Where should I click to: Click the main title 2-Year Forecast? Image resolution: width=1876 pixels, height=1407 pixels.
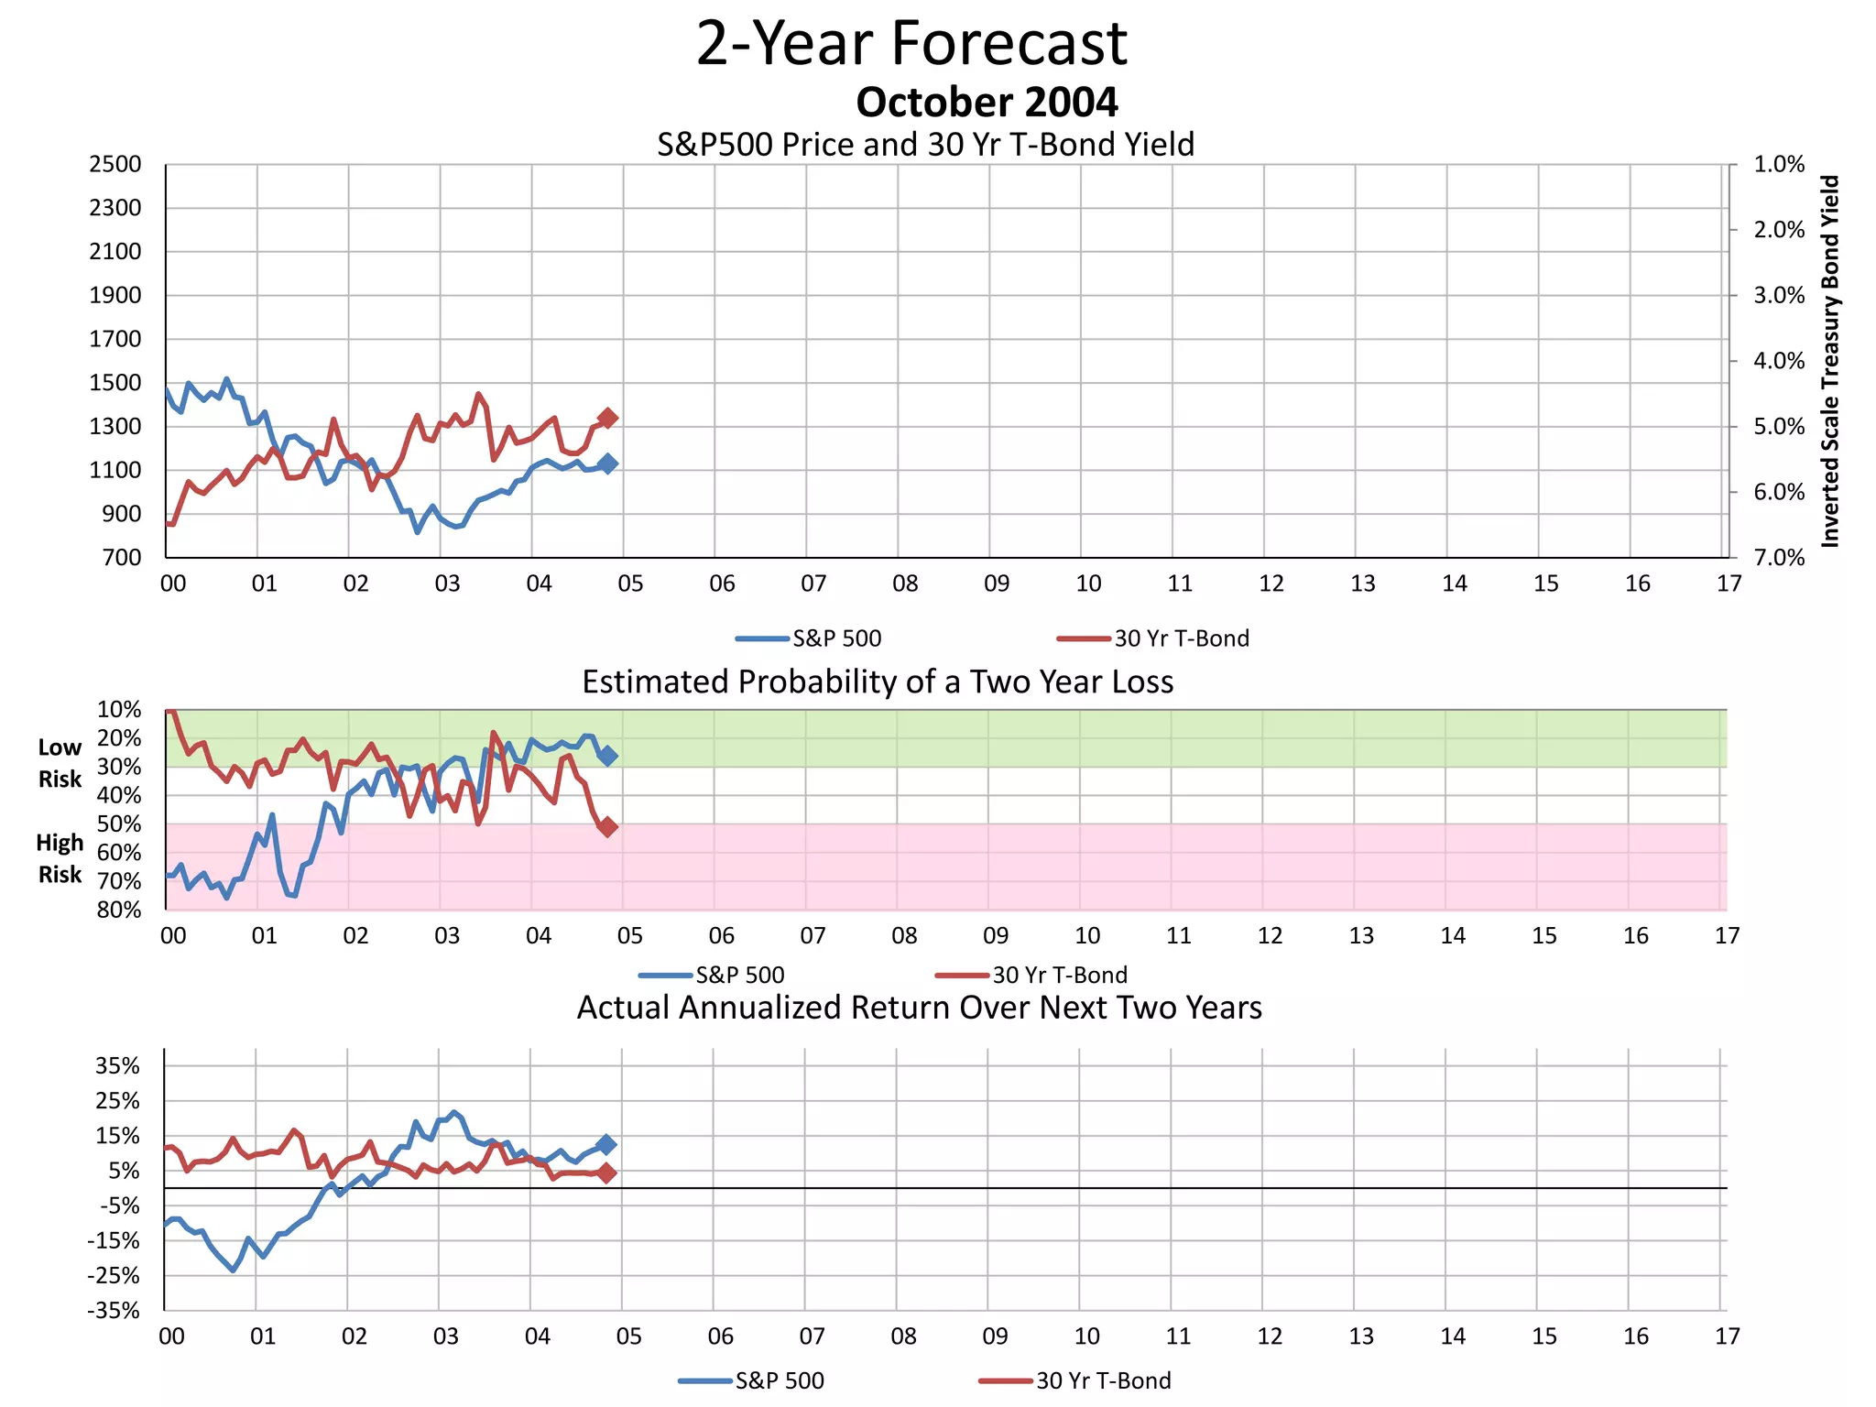[911, 44]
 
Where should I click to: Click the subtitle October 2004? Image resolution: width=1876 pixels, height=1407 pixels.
[987, 103]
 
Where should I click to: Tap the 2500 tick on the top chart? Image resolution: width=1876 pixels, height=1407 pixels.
[115, 165]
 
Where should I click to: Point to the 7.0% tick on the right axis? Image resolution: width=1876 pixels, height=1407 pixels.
[1778, 558]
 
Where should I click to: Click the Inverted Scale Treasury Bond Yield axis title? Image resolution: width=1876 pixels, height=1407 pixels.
[1829, 361]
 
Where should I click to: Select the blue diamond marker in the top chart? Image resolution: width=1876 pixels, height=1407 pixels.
[607, 464]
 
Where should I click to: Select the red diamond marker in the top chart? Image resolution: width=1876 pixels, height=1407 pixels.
[607, 418]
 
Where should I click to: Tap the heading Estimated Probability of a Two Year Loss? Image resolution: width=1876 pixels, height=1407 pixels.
[878, 682]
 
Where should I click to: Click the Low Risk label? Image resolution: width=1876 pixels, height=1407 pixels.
[60, 763]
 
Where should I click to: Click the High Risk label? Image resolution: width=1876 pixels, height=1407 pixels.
[60, 858]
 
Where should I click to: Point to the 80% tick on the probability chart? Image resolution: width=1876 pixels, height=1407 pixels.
[119, 910]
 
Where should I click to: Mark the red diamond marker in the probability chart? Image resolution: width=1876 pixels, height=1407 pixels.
[606, 827]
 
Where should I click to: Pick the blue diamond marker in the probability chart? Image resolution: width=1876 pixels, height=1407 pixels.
[606, 756]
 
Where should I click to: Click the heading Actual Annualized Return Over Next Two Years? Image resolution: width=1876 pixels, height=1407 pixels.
[919, 1008]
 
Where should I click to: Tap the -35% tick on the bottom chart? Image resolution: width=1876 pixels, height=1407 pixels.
[114, 1311]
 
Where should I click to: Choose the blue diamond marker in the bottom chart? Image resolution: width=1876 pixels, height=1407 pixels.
[605, 1145]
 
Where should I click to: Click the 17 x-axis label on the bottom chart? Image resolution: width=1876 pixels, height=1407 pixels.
[1727, 1336]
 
